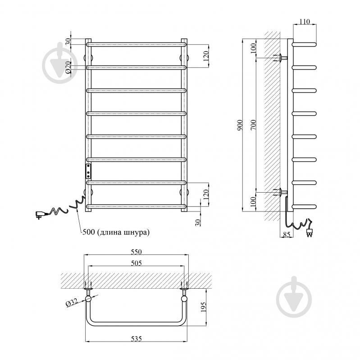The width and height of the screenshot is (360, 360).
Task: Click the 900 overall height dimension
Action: [240, 125]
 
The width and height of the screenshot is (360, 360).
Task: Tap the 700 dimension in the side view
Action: [253, 125]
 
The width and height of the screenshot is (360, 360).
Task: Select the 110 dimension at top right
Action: [305, 22]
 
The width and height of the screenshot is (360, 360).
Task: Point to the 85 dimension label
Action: [287, 235]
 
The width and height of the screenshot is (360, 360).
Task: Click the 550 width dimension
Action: [137, 252]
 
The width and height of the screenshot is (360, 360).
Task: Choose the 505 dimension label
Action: [137, 263]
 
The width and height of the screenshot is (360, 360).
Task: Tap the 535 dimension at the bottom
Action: [137, 339]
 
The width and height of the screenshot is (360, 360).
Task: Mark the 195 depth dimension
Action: [203, 307]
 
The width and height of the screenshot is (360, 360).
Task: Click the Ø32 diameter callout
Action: [72, 303]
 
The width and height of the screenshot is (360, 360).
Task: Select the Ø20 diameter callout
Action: [68, 67]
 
